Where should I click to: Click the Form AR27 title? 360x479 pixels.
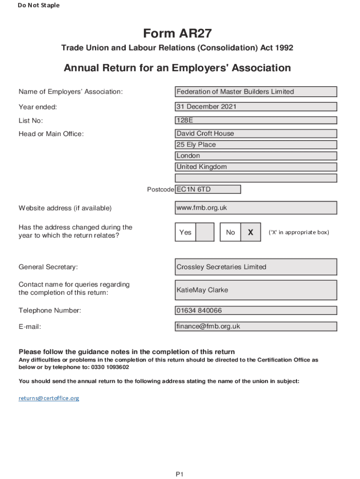point(177,34)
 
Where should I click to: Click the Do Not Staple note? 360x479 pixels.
point(39,6)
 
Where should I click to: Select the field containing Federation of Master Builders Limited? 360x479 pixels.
point(256,92)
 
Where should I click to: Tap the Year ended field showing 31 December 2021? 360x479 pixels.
point(256,107)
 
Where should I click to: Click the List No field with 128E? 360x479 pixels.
point(256,120)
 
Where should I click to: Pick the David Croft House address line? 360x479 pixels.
point(256,134)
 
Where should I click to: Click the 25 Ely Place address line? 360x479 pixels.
point(256,145)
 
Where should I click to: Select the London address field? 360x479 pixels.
point(256,156)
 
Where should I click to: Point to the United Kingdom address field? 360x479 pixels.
point(256,167)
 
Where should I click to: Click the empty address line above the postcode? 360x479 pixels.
point(256,178)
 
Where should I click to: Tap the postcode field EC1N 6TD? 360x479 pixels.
point(208,189)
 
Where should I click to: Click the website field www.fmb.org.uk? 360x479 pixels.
point(256,208)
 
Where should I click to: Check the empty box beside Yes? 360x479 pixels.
point(205,232)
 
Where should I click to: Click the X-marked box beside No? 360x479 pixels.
point(251,232)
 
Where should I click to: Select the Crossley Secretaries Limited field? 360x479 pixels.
point(256,267)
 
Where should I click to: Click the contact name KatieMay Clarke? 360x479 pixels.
point(256,290)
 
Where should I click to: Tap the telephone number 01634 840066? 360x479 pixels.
point(256,311)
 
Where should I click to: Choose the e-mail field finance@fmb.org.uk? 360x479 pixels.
point(256,327)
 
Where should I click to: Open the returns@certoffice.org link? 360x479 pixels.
point(49,398)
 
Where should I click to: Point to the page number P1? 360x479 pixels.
point(180,474)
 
